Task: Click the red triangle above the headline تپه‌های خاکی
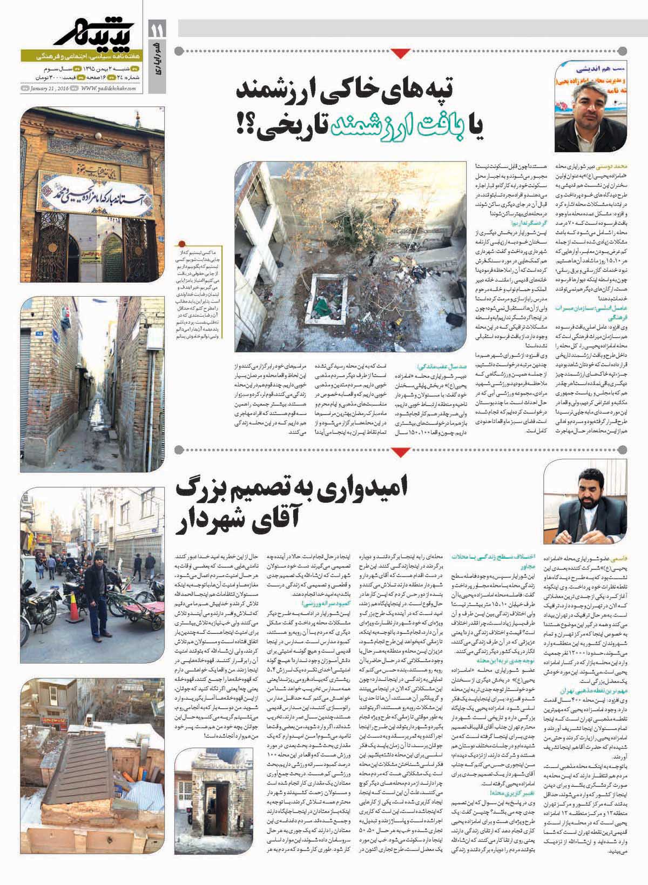[400, 53]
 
